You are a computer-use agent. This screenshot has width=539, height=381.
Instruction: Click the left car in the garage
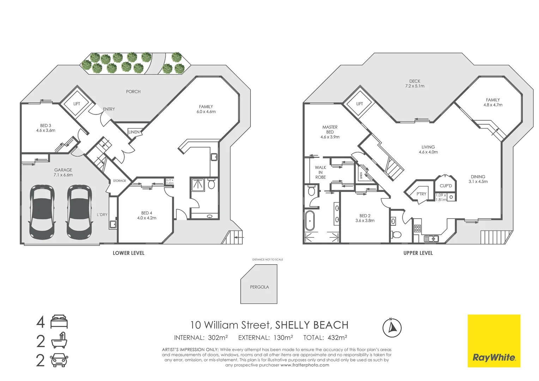(42, 212)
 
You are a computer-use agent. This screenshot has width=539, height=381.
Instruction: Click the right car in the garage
(79, 212)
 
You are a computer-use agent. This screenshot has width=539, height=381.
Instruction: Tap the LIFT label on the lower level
(77, 104)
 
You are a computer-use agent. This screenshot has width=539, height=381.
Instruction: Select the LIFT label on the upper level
(359, 104)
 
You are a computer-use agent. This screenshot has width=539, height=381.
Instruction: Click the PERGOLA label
(259, 287)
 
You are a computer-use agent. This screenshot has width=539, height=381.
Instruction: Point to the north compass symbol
(392, 327)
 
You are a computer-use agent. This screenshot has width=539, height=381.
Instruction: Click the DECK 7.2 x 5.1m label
(415, 84)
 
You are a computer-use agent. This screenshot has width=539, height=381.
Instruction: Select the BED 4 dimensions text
(147, 218)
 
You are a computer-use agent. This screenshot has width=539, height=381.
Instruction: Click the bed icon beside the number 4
(59, 322)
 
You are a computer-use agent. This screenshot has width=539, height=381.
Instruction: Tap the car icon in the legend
(59, 360)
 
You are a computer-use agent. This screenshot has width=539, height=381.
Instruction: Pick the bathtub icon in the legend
(59, 341)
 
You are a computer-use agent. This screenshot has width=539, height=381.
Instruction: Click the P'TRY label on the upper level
(421, 194)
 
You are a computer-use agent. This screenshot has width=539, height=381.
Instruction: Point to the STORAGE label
(120, 181)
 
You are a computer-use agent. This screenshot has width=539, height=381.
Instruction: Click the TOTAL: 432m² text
(325, 338)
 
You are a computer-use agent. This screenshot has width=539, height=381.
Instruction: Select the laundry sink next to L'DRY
(113, 224)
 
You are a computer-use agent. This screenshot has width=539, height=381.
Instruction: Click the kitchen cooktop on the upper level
(417, 228)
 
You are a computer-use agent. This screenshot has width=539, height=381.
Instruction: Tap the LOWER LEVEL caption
(128, 253)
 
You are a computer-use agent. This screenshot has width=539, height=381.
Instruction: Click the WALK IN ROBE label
(320, 173)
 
